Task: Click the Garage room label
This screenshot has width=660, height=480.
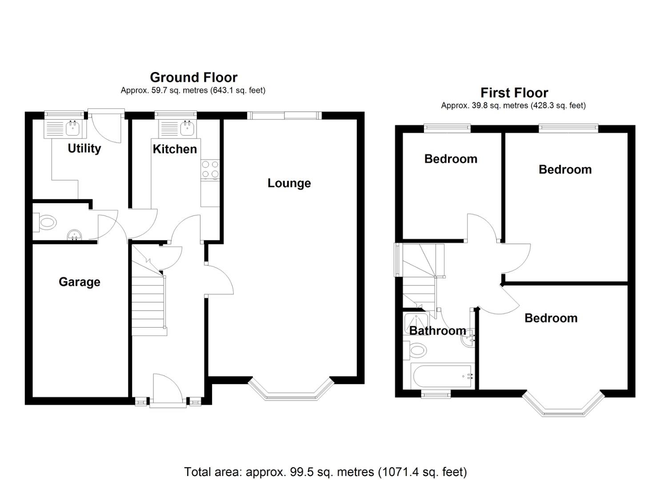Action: (80, 282)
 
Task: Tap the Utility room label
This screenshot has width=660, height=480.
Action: (84, 148)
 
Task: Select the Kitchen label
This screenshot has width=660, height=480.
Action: (175, 149)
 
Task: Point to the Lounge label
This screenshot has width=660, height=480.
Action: (289, 183)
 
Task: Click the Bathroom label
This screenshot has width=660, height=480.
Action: (437, 331)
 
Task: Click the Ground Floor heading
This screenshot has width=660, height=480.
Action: (193, 77)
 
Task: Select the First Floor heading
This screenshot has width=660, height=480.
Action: (514, 93)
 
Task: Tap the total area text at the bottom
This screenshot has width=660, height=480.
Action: (325, 472)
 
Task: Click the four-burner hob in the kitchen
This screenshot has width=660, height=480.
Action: (210, 169)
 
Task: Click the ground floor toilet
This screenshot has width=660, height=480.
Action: (46, 222)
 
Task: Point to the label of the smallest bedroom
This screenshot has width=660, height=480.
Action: (451, 159)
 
